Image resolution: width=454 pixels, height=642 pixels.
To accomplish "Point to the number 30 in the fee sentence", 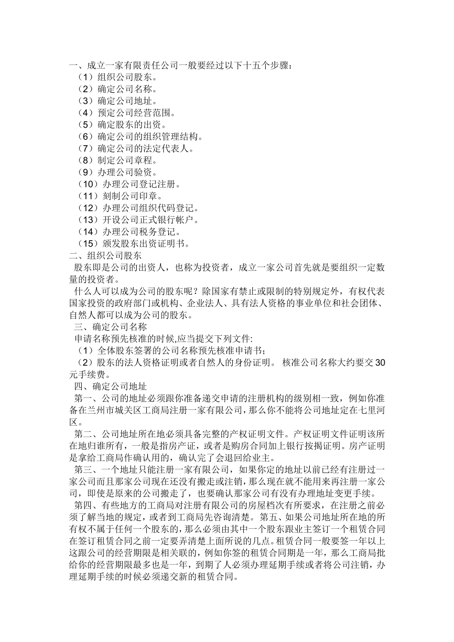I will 380,363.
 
